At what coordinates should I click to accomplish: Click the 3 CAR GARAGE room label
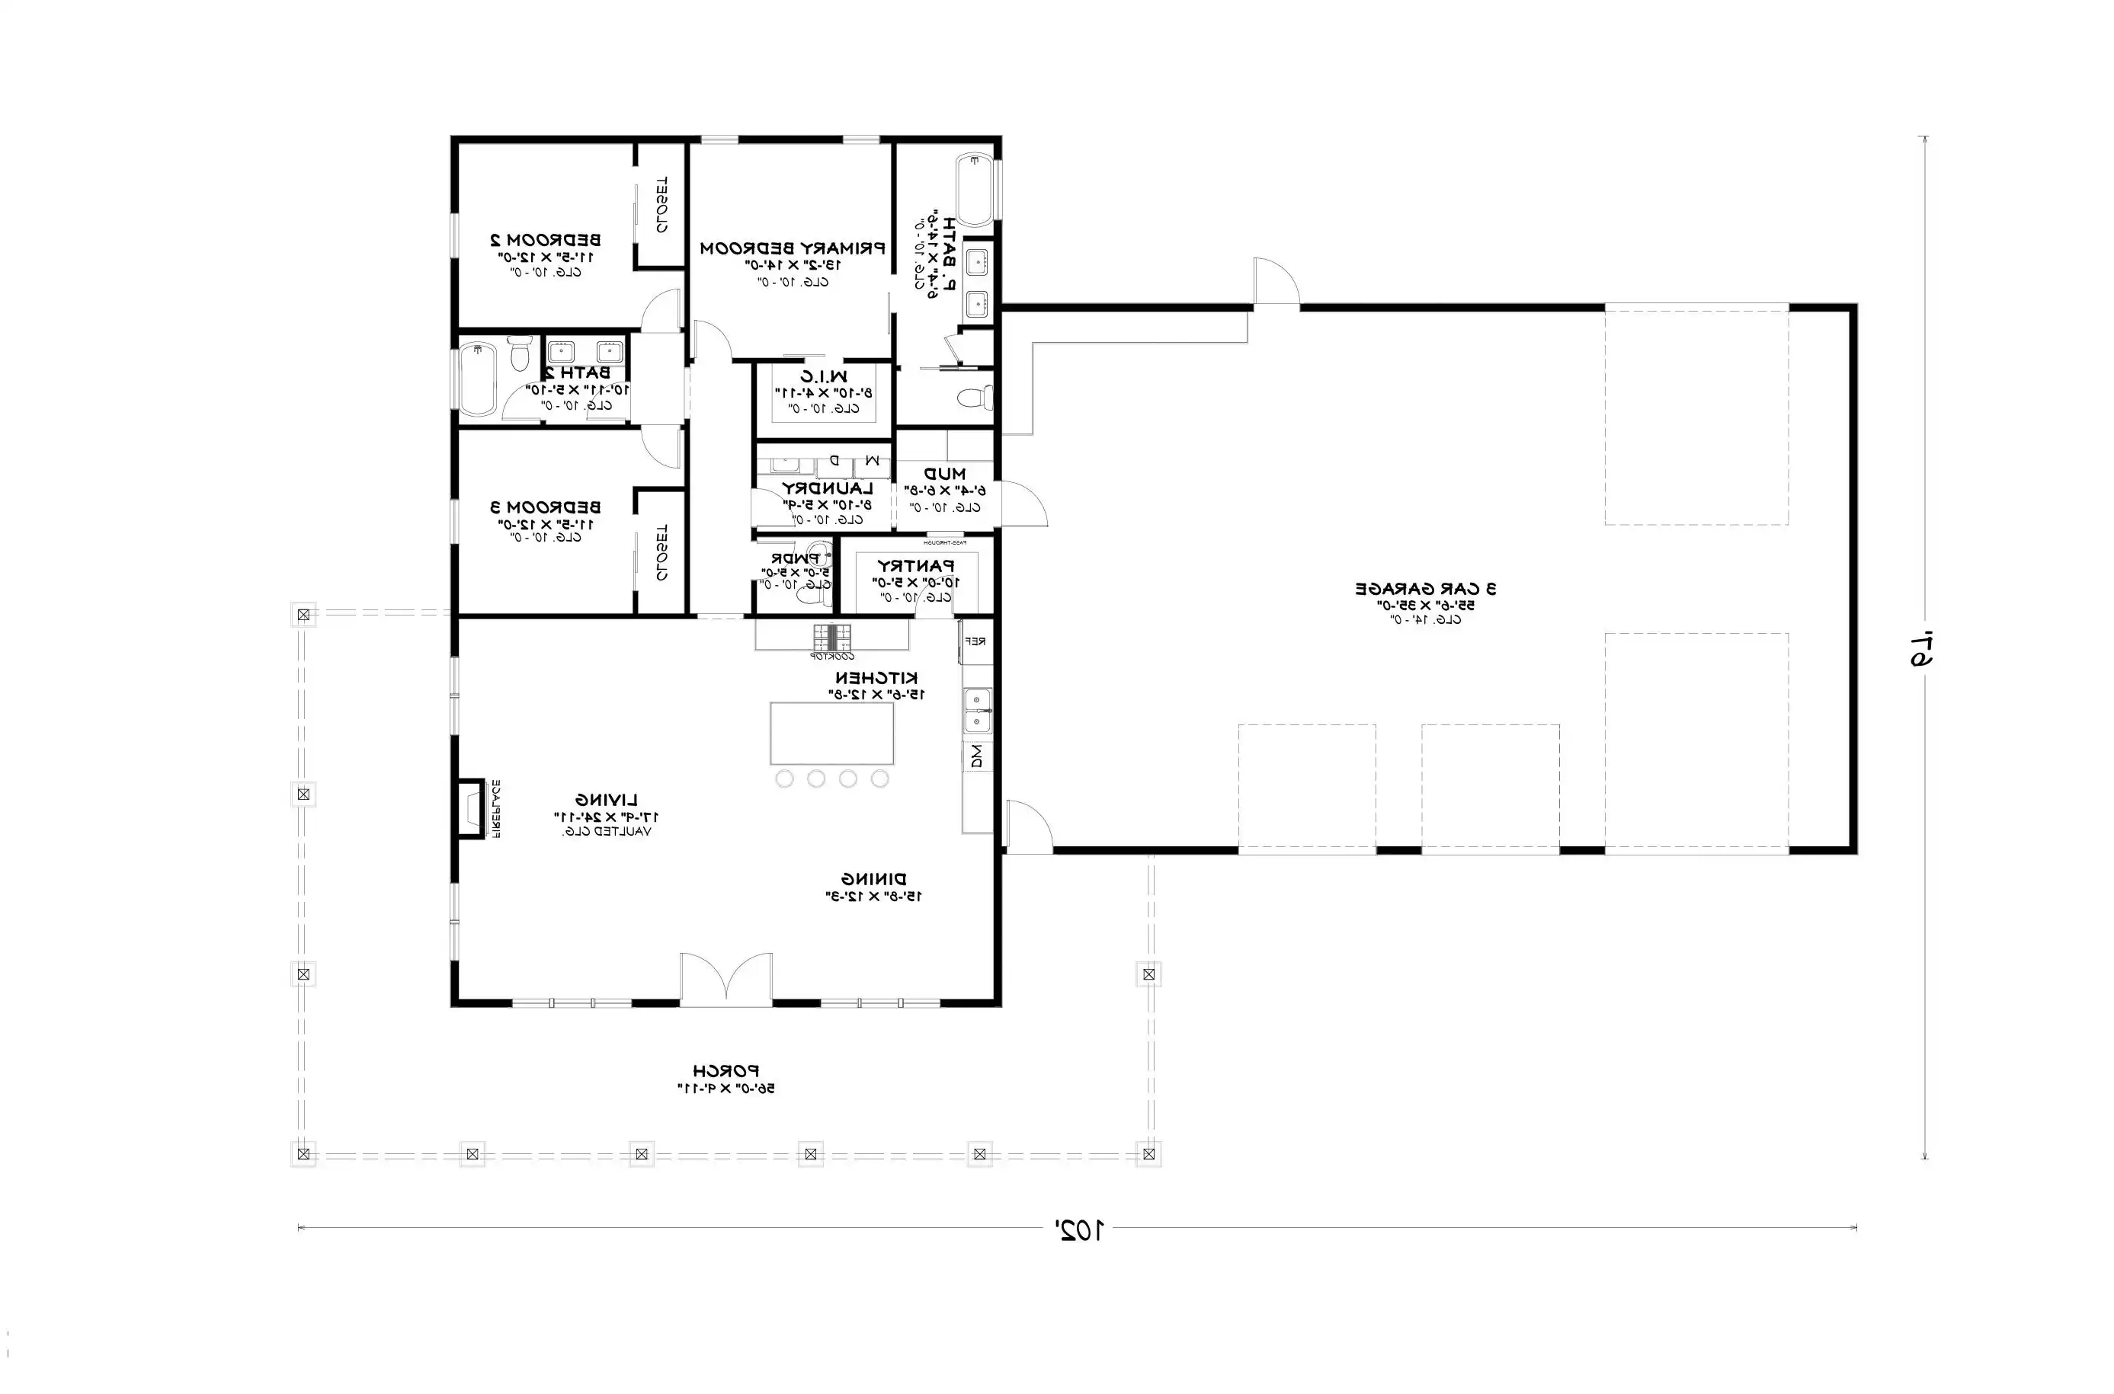[x=1425, y=589]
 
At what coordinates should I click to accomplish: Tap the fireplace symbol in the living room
[x=470, y=808]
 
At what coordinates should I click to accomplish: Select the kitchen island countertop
[x=831, y=733]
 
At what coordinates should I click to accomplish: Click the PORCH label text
[x=725, y=1071]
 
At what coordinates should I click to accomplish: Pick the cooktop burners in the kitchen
[x=831, y=637]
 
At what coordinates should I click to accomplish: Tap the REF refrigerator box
[x=975, y=641]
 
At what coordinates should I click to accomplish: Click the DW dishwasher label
[x=976, y=756]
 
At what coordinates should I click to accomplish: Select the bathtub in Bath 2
[x=477, y=381]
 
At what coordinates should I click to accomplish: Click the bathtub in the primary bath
[x=975, y=190]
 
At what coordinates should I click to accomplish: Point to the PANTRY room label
[x=915, y=565]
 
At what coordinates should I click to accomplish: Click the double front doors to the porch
[x=725, y=980]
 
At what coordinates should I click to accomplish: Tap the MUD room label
[x=944, y=474]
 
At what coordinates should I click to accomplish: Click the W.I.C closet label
[x=824, y=376]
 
